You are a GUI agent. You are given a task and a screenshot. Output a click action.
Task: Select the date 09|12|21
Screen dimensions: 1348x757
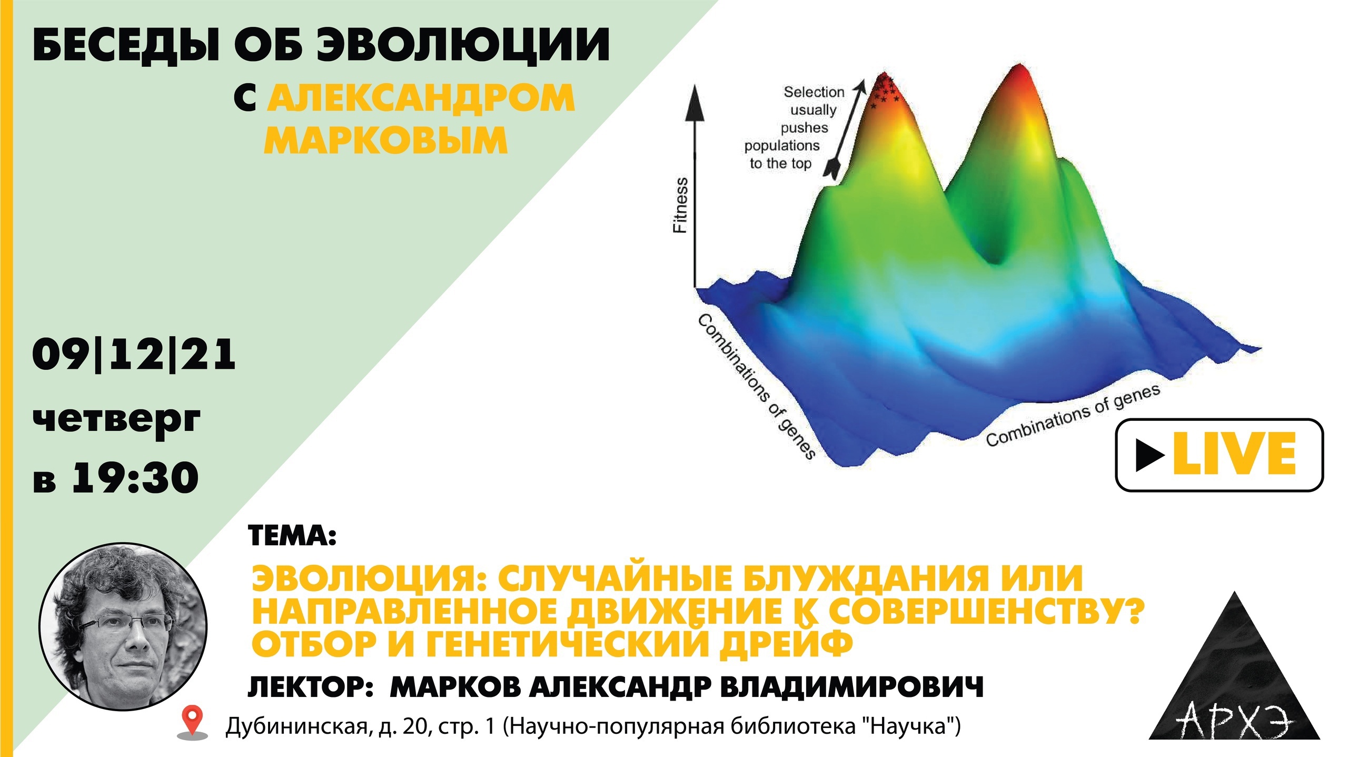[x=134, y=355]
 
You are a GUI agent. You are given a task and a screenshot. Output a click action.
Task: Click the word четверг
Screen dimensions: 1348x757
[x=116, y=420]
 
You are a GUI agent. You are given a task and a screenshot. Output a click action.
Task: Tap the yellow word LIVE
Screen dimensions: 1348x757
[x=1234, y=455]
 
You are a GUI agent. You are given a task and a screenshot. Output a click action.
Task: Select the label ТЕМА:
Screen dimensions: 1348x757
[x=292, y=536]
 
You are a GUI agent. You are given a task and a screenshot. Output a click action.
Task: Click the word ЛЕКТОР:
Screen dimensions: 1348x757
[x=311, y=687]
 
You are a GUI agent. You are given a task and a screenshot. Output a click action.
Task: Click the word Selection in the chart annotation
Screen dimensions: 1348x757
[x=814, y=92]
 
